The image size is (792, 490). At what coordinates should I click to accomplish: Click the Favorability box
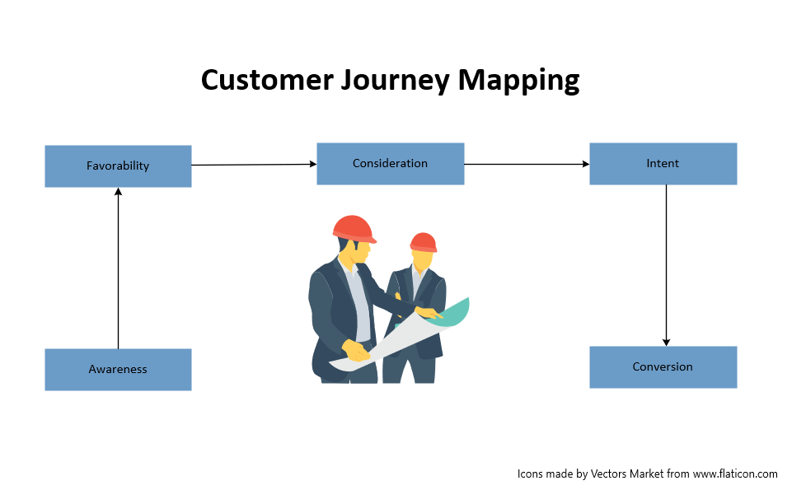(x=118, y=166)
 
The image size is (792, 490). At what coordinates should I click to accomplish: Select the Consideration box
(x=390, y=163)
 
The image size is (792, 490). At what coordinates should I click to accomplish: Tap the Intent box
(x=663, y=163)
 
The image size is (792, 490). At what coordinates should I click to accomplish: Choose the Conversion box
(x=663, y=366)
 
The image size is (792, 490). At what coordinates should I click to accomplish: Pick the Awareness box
(x=118, y=369)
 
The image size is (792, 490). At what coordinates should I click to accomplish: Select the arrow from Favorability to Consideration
(x=254, y=165)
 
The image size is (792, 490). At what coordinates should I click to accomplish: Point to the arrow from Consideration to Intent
(x=527, y=164)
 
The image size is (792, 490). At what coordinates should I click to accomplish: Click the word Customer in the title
(x=263, y=81)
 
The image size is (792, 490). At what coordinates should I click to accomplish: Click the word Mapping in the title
(x=519, y=81)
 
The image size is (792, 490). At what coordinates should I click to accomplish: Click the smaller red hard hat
(x=423, y=242)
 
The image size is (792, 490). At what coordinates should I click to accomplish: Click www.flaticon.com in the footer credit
(x=735, y=474)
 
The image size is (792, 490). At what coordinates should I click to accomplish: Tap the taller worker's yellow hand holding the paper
(x=356, y=352)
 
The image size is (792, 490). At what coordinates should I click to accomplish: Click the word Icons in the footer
(x=531, y=474)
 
